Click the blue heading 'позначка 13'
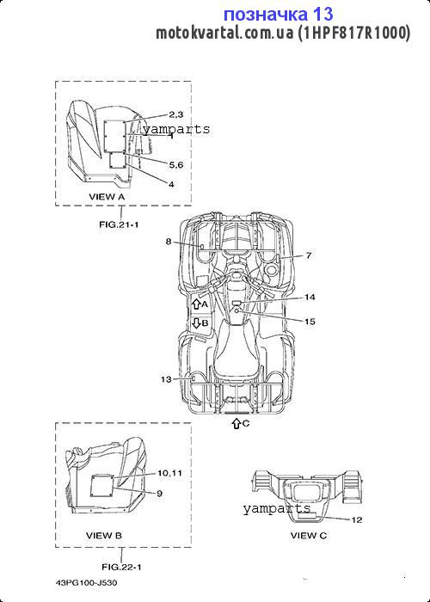coord(279,15)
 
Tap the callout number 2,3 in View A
coord(176,114)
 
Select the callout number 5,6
coord(176,165)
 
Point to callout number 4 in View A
coord(171,184)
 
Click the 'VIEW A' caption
coord(107,197)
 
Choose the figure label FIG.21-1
coord(119,224)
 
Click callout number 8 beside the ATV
coord(169,242)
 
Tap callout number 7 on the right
coord(309,255)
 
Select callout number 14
coord(310,298)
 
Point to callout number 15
coord(310,322)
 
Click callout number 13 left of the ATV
coord(166,379)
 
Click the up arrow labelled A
coord(196,304)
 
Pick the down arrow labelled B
coord(196,322)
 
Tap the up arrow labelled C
coord(236,423)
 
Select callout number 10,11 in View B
coord(169,473)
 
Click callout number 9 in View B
coord(160,494)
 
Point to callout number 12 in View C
coord(357,519)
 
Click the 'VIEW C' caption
coord(308,535)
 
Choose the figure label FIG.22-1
coord(121,567)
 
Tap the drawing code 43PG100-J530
coord(86,583)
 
